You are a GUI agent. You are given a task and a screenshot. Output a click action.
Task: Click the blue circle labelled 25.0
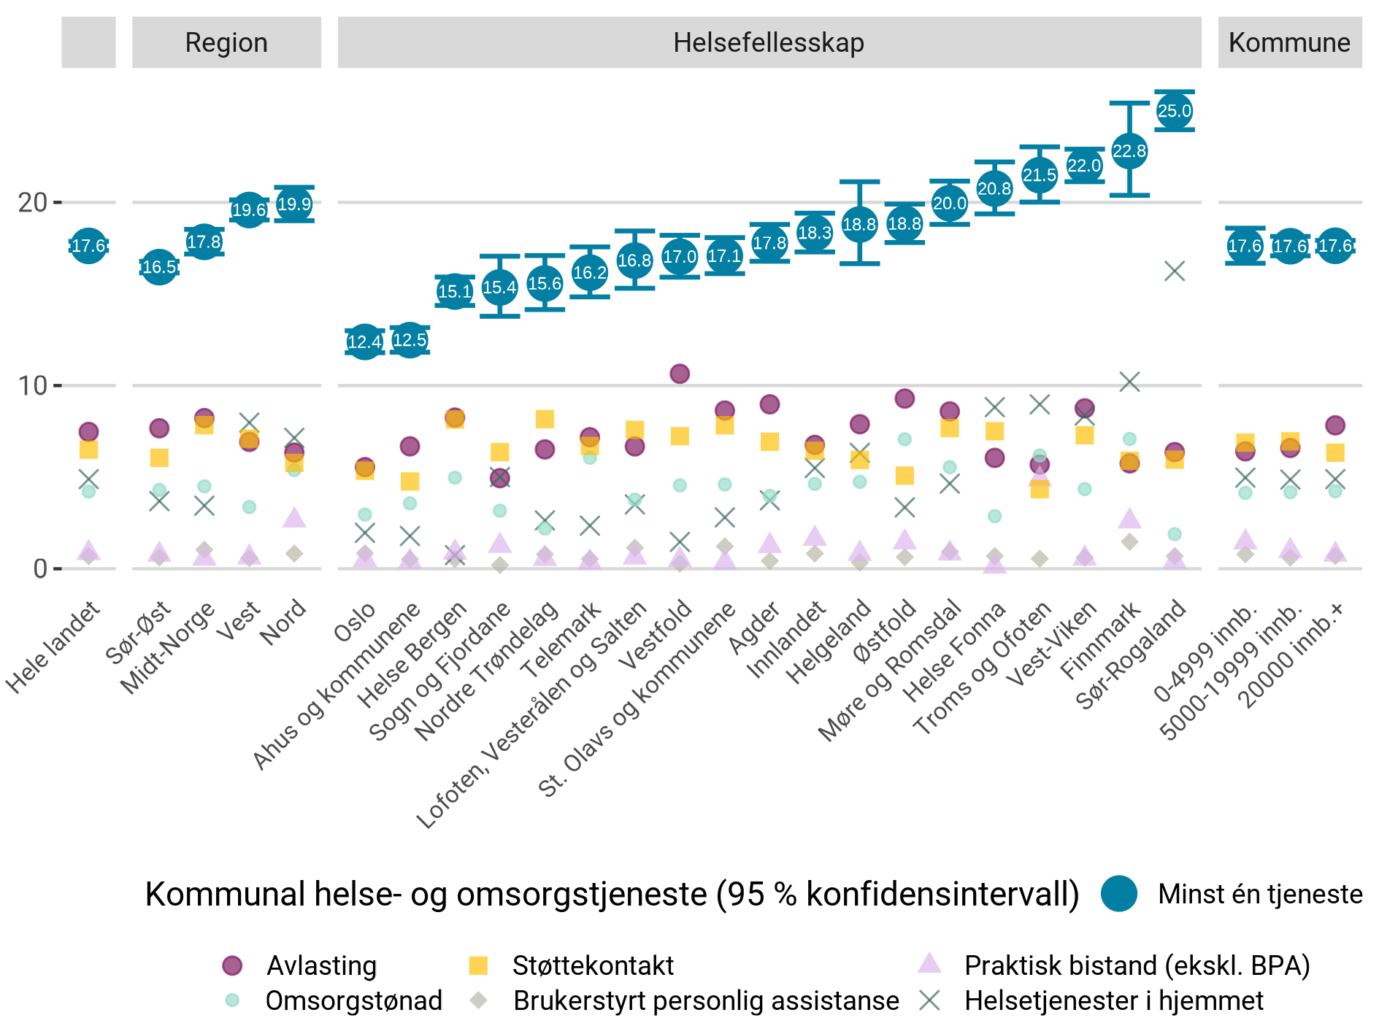coord(1174,111)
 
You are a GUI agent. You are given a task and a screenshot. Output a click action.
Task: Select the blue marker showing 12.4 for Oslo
coord(364,342)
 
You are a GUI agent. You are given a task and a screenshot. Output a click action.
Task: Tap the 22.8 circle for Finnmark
coord(1129,151)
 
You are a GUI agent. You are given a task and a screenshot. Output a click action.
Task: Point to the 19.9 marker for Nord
coord(294,204)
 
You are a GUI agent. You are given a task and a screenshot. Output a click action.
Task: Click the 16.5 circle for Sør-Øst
coord(159,267)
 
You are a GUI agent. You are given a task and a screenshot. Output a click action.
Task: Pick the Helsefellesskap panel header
coord(769,42)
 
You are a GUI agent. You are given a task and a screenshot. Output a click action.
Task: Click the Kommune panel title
coord(1289,42)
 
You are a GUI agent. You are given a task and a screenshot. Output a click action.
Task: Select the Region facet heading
coord(226,42)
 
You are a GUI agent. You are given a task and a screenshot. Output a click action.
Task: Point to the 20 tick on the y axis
coord(33,202)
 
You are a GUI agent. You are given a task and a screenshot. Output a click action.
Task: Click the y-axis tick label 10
coord(33,385)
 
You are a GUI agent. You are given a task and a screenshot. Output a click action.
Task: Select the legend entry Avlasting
coord(321,965)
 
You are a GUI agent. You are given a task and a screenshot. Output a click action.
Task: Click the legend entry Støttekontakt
coord(593,965)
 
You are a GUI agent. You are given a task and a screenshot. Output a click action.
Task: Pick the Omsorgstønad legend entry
coord(353,1000)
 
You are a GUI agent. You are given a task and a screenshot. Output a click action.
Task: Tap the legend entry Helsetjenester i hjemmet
coord(1113,1000)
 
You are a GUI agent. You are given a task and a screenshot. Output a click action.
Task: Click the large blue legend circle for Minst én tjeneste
coord(1118,894)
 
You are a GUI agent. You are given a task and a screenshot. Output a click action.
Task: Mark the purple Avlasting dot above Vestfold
coord(680,374)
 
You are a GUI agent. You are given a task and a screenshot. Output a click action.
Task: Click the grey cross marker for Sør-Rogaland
coord(1174,271)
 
